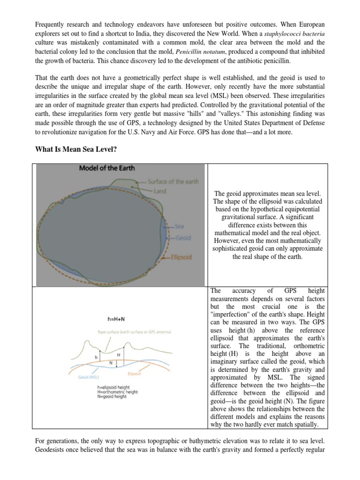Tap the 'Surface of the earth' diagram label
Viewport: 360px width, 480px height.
173,182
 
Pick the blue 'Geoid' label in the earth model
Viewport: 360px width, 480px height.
183,238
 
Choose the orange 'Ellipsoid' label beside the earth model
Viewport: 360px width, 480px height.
181,257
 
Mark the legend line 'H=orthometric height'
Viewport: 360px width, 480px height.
117,392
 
